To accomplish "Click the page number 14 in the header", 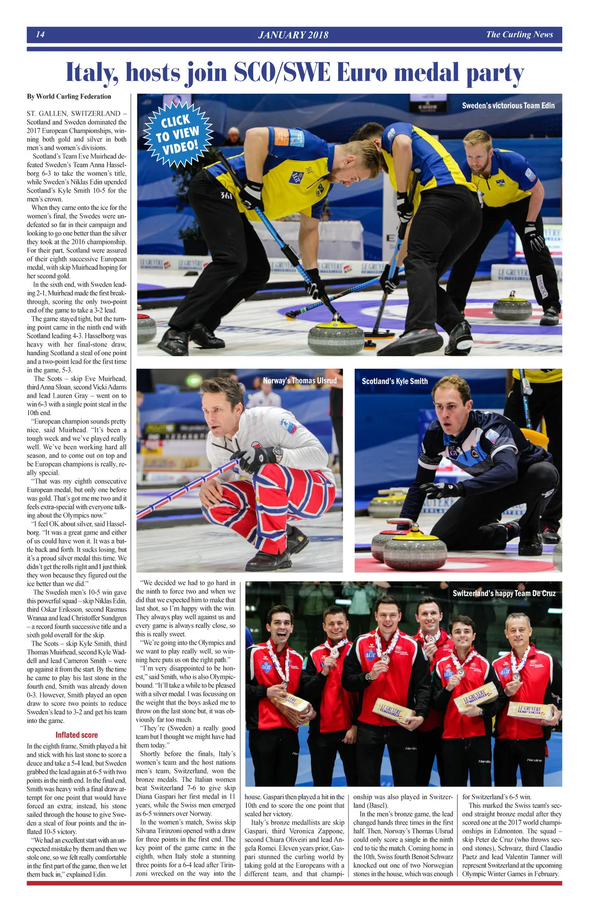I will [x=40, y=34].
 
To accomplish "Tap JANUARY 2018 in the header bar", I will [x=293, y=35].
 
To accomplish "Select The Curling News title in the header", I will [x=519, y=34].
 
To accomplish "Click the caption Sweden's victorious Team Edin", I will [x=508, y=105].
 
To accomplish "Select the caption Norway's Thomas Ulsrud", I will [x=300, y=381].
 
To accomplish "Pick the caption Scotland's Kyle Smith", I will [x=395, y=381].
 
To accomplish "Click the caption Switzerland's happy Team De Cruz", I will [x=504, y=593].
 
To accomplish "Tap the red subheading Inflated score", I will [x=77, y=734].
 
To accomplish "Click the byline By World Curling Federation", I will [x=69, y=96].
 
